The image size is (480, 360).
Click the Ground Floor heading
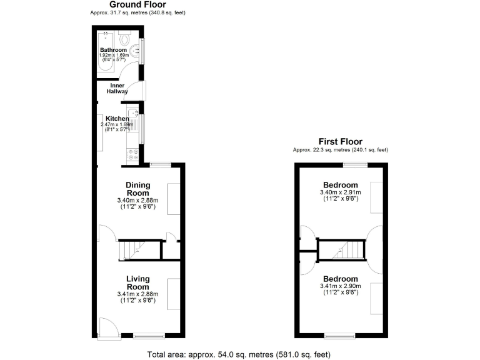[x=137, y=4]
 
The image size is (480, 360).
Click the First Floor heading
[x=340, y=142]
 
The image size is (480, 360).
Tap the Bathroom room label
[x=113, y=50]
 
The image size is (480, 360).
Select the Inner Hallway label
[x=119, y=88]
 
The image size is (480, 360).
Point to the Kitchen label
[x=117, y=119]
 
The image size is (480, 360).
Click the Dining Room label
[x=137, y=188]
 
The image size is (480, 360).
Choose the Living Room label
[x=137, y=282]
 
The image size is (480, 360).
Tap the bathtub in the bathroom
[x=104, y=53]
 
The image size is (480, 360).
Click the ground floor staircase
[x=132, y=250]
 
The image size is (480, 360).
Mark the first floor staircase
[x=341, y=251]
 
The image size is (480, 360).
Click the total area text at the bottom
[x=239, y=354]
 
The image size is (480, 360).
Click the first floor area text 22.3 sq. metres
[x=340, y=150]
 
